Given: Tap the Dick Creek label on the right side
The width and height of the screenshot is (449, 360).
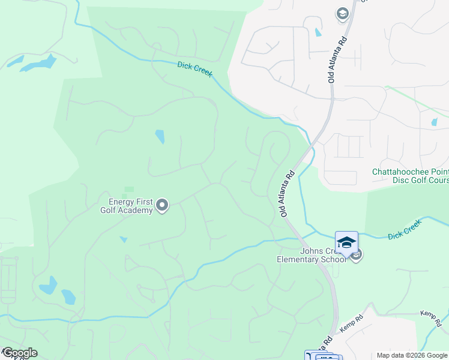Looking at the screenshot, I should (405, 229).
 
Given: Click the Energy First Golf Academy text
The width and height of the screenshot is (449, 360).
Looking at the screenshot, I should (130, 206).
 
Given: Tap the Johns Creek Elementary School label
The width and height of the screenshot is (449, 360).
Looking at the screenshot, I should (312, 255).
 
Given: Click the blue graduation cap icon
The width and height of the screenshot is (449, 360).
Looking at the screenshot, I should (346, 242).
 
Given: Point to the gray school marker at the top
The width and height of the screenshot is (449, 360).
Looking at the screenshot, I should (343, 14).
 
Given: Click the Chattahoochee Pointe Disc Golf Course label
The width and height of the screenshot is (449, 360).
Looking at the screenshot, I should (411, 176).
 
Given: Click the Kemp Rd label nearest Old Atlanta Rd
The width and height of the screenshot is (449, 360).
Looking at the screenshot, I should (352, 325).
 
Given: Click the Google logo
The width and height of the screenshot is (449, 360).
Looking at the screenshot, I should (19, 353).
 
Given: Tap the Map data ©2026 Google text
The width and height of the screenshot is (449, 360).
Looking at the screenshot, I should (412, 356).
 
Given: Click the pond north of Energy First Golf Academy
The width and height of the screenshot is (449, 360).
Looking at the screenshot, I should (160, 137).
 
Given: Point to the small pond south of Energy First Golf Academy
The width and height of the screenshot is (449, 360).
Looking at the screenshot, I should (124, 239).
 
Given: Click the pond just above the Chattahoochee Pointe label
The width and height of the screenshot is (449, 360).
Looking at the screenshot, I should (434, 122).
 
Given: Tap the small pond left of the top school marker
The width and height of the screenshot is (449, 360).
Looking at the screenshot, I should (318, 32).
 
